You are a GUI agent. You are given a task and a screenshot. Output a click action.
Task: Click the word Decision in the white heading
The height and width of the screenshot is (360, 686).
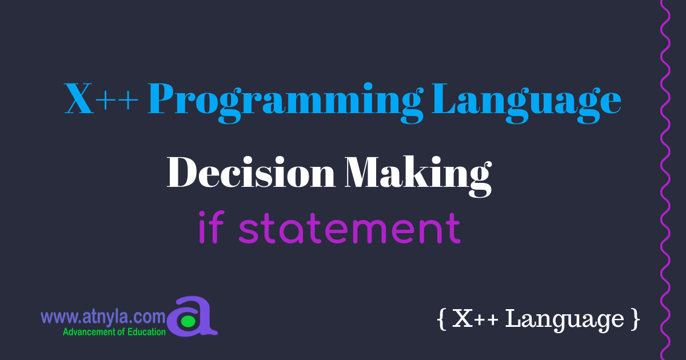tap(250, 172)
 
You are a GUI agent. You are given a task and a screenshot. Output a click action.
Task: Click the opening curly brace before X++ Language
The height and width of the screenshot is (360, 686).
tap(440, 319)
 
